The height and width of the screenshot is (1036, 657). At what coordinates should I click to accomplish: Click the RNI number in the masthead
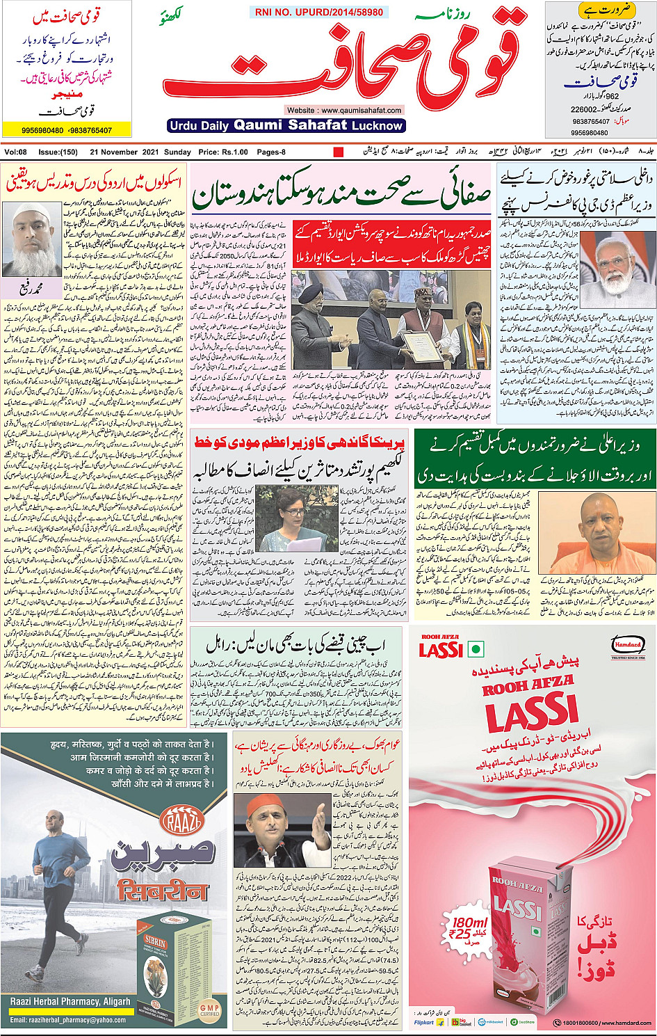click(318, 13)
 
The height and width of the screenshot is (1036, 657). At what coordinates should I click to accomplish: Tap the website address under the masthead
click(343, 110)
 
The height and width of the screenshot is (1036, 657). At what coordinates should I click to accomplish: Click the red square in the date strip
click(339, 152)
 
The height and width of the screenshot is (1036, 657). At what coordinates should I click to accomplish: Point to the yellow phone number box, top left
click(57, 130)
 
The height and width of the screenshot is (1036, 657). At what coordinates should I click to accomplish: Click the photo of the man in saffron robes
click(597, 533)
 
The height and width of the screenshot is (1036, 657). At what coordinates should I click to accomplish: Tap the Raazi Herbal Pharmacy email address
click(68, 1020)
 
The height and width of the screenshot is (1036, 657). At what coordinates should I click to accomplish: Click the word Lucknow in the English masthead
click(376, 126)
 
